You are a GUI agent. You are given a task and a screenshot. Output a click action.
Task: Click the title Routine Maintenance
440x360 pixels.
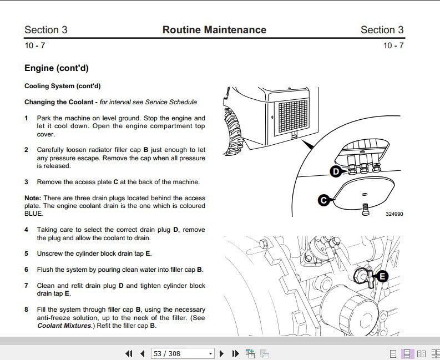pos(214,30)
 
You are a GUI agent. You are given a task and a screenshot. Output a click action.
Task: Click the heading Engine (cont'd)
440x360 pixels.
pos(56,68)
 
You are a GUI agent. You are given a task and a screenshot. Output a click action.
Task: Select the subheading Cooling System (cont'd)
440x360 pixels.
pos(62,86)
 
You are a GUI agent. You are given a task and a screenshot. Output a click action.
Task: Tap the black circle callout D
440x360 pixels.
pos(335,172)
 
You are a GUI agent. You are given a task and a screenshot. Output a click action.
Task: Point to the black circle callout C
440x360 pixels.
pos(323,200)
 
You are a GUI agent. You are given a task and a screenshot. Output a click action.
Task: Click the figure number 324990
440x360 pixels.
pos(394,214)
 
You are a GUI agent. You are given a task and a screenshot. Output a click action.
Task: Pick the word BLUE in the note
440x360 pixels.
pos(33,214)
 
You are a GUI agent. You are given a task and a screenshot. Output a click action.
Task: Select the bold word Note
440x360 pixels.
pos(32,198)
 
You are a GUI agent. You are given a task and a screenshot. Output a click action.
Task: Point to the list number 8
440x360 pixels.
pos(26,310)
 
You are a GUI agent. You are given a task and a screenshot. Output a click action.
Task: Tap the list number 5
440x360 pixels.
pos(26,253)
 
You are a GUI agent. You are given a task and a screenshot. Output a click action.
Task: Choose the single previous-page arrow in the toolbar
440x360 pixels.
pos(142,353)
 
